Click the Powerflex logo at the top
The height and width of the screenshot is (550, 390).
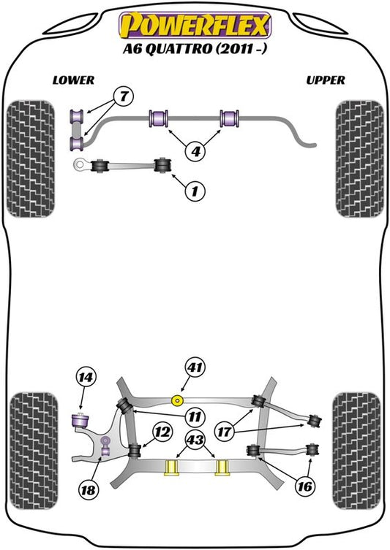[195, 25]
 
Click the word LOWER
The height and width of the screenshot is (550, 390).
[73, 80]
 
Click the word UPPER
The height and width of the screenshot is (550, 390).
[326, 80]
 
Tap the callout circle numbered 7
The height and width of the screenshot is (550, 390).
[124, 96]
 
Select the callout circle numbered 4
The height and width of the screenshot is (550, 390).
[195, 151]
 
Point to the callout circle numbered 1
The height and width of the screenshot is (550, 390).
[195, 191]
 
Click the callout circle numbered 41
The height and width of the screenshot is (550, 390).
[195, 367]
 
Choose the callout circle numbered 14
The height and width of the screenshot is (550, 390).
[86, 378]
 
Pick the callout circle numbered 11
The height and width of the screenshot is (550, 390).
[195, 417]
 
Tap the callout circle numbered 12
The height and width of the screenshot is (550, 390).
[162, 432]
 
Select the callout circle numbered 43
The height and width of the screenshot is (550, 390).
[195, 439]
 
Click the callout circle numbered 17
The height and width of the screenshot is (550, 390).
[225, 431]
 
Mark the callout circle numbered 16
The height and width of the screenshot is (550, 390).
[304, 486]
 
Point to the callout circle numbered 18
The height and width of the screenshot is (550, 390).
[88, 489]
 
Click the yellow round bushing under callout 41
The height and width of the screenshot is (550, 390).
[177, 400]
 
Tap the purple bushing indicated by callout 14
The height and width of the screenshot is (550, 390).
[80, 421]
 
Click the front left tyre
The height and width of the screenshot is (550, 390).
[31, 158]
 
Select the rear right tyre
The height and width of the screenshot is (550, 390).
[356, 451]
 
